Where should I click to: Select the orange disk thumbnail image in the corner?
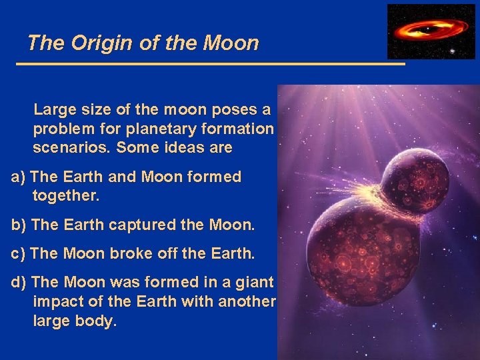[431, 31]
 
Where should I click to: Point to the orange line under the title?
[210, 64]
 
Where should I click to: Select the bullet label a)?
[19, 177]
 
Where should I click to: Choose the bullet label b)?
[19, 225]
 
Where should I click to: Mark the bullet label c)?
[19, 254]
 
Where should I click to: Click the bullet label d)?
[19, 283]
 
